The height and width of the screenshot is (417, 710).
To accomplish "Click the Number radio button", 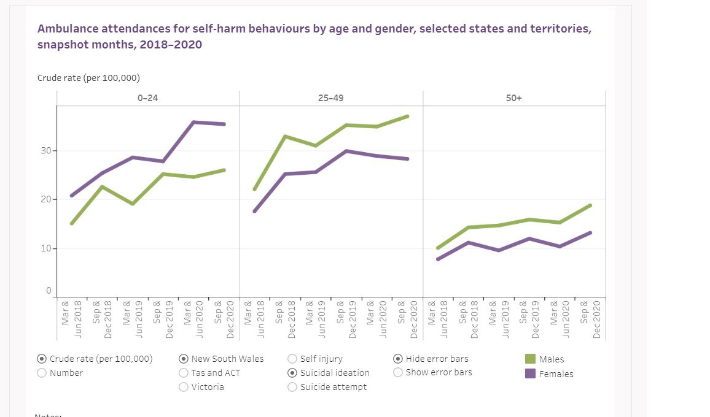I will [x=42, y=372].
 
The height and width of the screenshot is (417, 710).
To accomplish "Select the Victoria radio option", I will [x=184, y=387].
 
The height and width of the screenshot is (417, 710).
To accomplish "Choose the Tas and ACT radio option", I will [x=184, y=372].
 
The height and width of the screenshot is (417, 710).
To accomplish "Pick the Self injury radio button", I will [x=292, y=359].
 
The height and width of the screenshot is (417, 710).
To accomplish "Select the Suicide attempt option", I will [x=292, y=387].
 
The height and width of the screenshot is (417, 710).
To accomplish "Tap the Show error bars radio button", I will [x=398, y=372].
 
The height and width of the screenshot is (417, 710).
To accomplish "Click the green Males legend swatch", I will [x=530, y=359].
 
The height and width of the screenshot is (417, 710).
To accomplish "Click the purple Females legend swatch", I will [x=530, y=373].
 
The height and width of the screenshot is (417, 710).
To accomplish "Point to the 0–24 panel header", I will [x=148, y=98].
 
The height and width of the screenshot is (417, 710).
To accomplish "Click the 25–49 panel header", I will [x=331, y=98].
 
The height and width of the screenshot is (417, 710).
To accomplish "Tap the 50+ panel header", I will [x=514, y=98].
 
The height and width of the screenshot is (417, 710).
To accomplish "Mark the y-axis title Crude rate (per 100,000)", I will [x=88, y=78].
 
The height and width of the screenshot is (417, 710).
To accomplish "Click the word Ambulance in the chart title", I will [x=65, y=29].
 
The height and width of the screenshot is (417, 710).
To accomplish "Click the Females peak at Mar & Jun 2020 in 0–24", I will [x=193, y=122].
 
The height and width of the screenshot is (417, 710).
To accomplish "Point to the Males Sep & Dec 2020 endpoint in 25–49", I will [x=407, y=116].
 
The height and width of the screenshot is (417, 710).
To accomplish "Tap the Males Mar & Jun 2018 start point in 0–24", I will [x=71, y=223].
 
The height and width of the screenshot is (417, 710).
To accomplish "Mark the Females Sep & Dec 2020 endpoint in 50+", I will [x=590, y=232].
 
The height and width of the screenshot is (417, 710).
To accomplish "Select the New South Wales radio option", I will [x=184, y=359].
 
